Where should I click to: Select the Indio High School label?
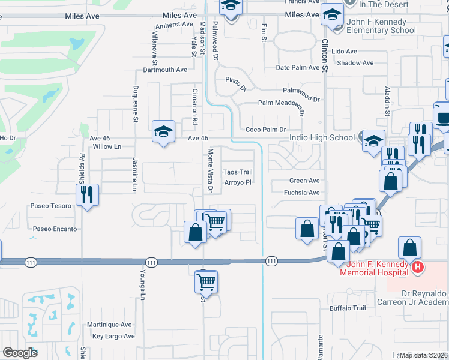coord(322,137)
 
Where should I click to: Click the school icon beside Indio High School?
coord(373,140)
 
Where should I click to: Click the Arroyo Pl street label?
coord(237,182)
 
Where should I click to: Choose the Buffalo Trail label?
coord(348,308)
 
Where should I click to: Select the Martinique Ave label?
coord(109,325)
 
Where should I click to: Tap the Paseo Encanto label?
coord(55,229)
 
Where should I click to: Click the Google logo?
coord(20,352)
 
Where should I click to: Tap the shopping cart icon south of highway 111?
coord(206,280)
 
